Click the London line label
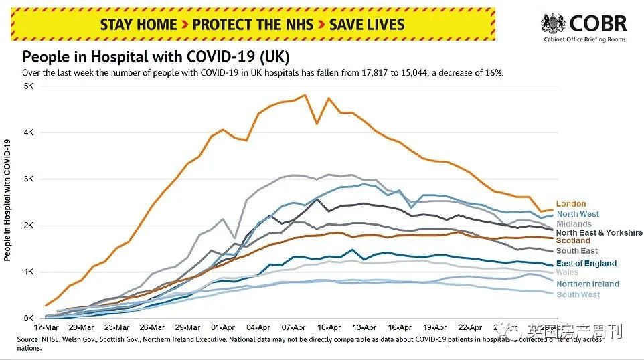click(570, 204)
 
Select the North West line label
click(578, 214)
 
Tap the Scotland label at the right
click(573, 240)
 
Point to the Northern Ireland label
click(587, 284)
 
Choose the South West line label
click(578, 295)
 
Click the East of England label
click(586, 264)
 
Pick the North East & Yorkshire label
click(598, 232)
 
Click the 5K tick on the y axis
click(29, 86)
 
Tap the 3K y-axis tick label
click(29, 179)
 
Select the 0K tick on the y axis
click(29, 319)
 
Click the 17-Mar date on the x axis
click(47, 328)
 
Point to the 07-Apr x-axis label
click(294, 328)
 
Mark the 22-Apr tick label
click(470, 328)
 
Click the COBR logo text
click(598, 24)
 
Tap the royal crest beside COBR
click(553, 25)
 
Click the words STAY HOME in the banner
click(139, 25)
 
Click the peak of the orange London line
click(305, 95)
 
